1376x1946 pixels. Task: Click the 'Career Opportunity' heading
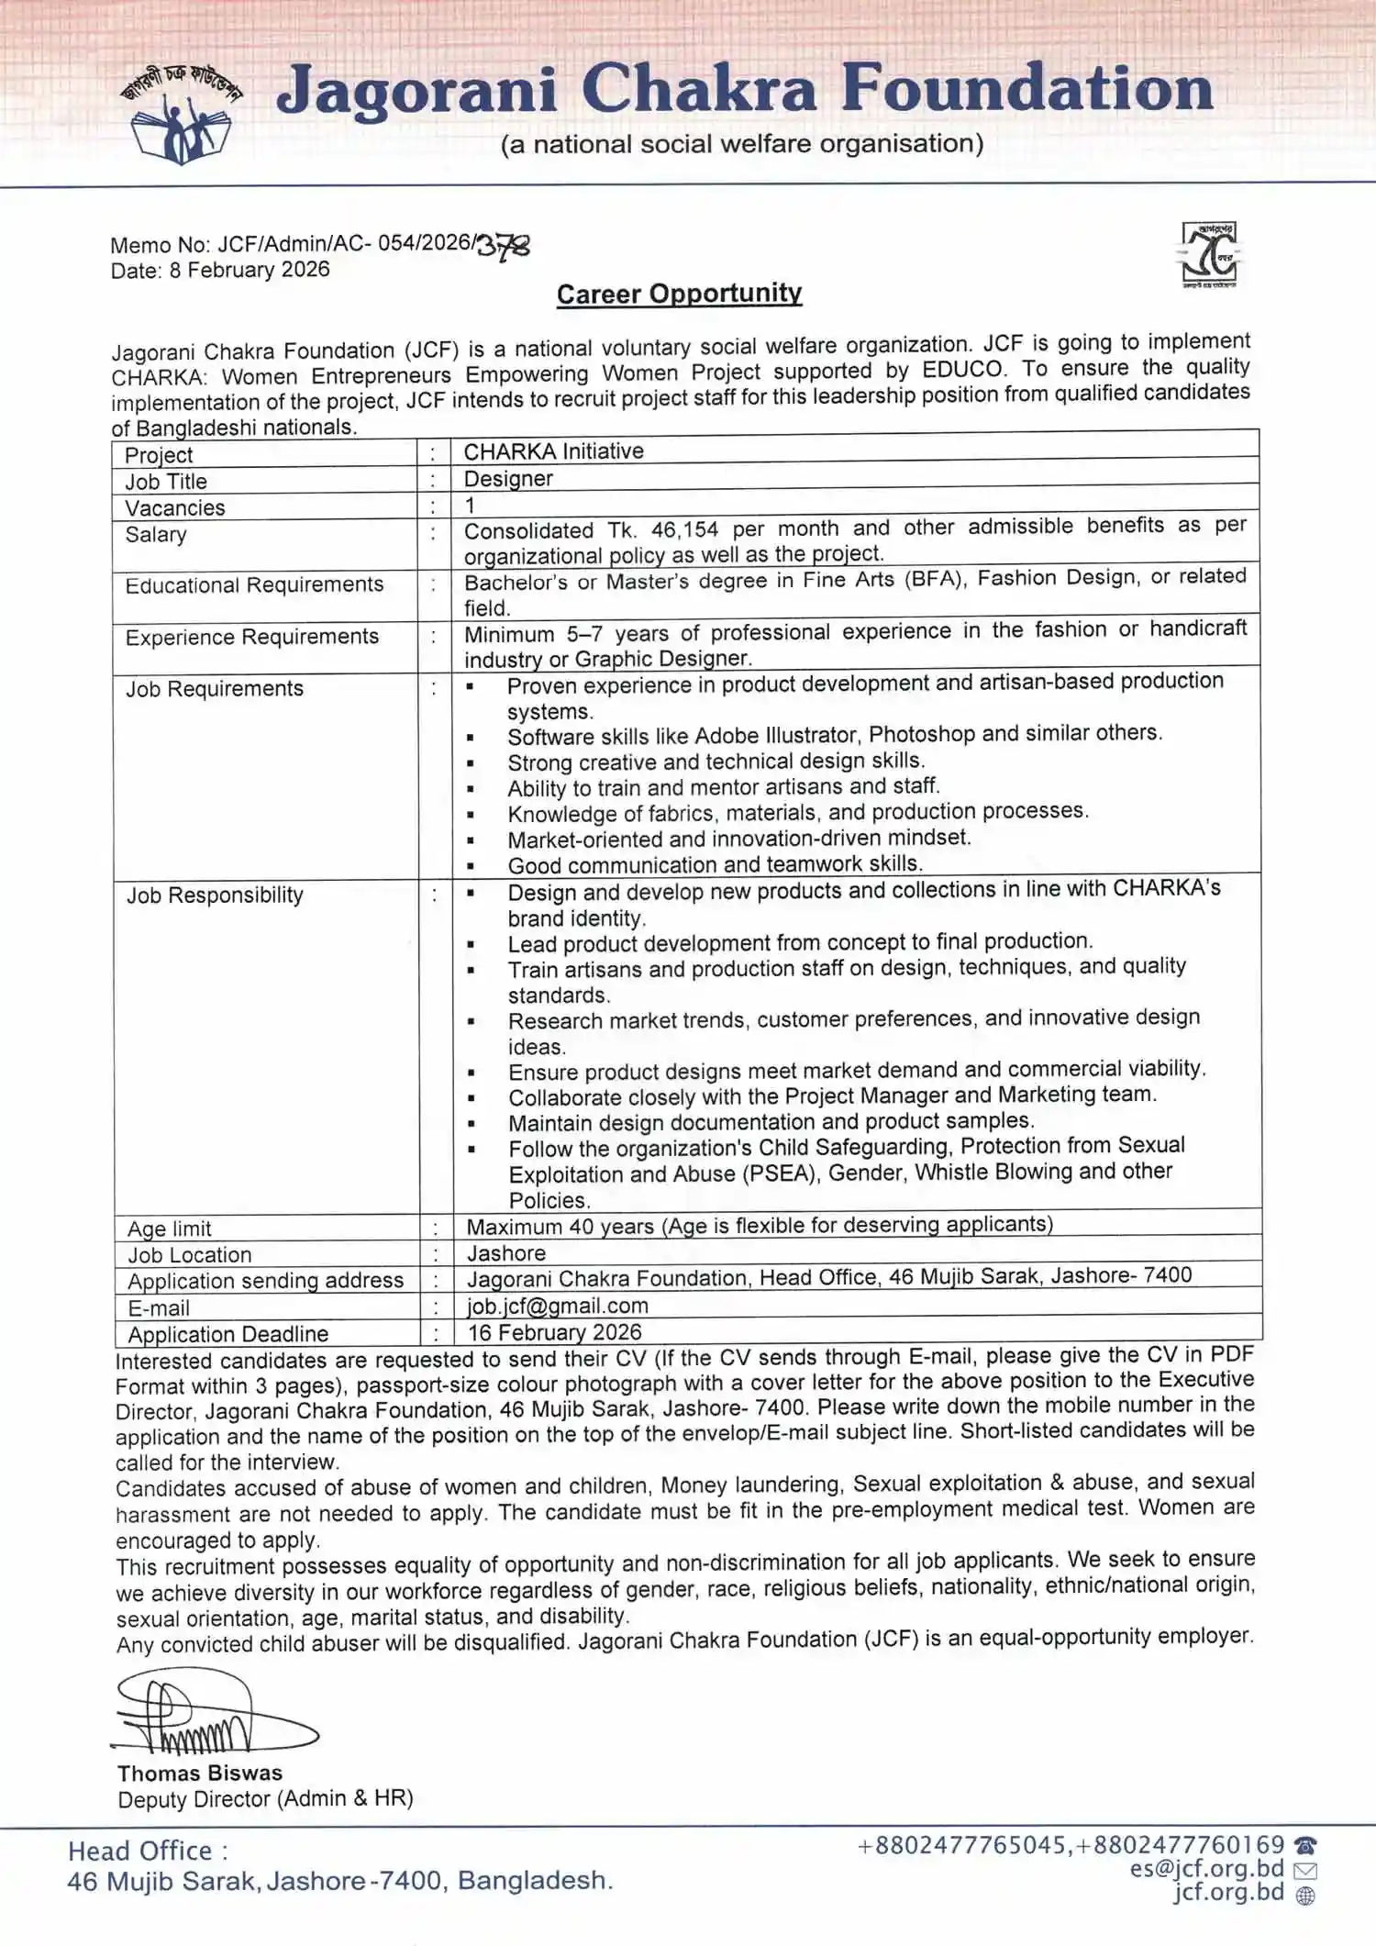[679, 294]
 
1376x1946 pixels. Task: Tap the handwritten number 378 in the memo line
[504, 246]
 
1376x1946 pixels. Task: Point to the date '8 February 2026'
[249, 270]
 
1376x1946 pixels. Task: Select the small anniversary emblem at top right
[1209, 254]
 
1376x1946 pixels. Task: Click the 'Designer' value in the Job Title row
[508, 479]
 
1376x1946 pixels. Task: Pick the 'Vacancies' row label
[175, 508]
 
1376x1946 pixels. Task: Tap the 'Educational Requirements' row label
[254, 585]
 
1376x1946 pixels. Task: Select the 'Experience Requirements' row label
[251, 637]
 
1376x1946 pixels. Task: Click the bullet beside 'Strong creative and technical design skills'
[471, 763]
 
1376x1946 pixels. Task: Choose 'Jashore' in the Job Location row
[506, 1253]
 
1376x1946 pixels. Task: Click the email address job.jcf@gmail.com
[558, 1306]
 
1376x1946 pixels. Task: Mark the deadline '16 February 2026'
[554, 1332]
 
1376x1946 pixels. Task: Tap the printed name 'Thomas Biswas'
[200, 1774]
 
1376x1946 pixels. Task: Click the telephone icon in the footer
[1305, 1845]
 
